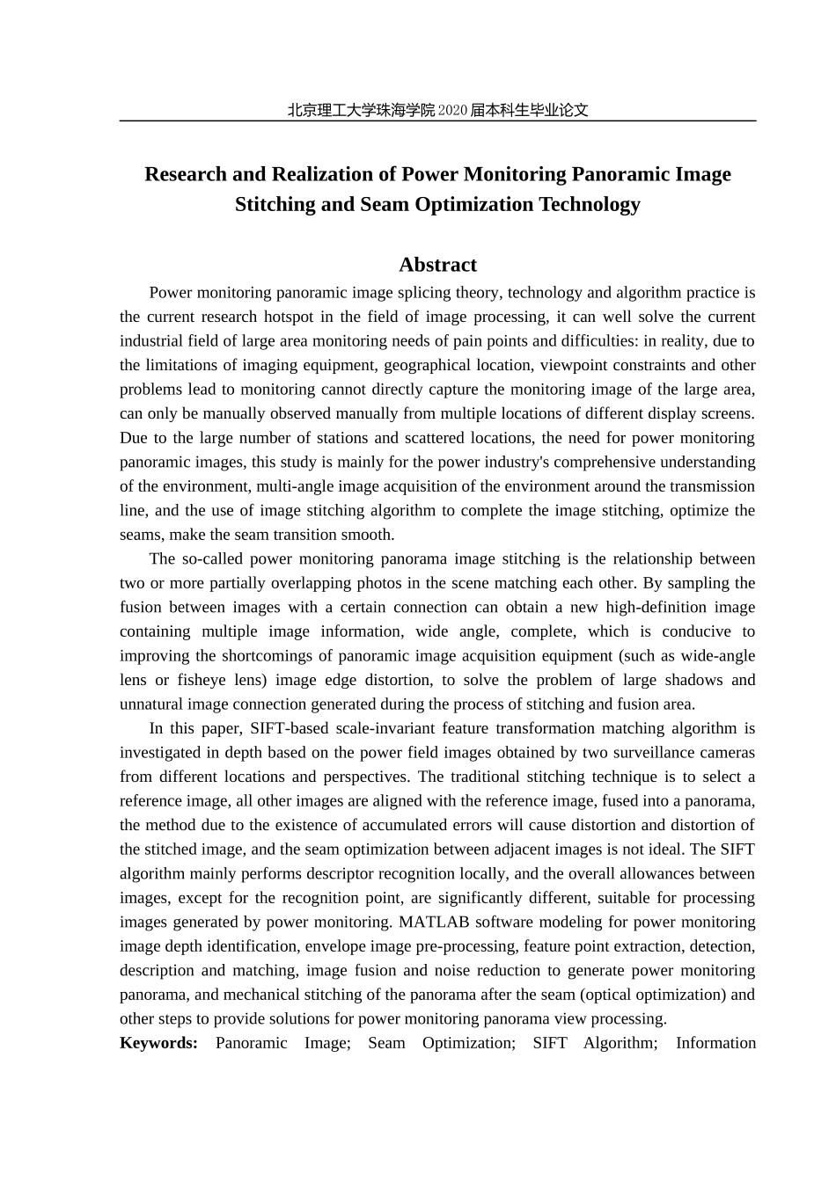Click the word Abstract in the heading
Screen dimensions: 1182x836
(437, 265)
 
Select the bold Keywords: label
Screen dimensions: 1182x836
(159, 1043)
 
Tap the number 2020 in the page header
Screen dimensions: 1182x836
(451, 111)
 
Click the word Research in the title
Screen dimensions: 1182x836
(186, 174)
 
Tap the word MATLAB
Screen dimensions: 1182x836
(430, 922)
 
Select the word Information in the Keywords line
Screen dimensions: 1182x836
(715, 1043)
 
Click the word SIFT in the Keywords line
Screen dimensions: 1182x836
(549, 1043)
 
